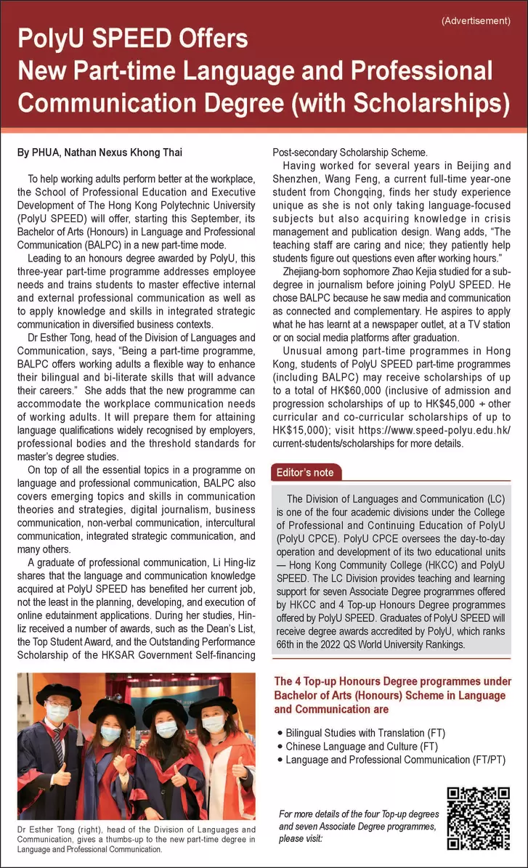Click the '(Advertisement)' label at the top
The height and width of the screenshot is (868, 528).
coord(476,20)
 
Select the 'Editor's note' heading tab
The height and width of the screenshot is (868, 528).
coord(305,473)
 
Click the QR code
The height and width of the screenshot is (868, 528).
coord(477,818)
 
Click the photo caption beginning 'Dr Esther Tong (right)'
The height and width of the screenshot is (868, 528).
coord(137,835)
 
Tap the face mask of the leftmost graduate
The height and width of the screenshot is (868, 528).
coord(58,715)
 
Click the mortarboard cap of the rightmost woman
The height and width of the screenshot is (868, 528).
coord(212,704)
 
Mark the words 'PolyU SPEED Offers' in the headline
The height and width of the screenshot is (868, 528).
coord(133,38)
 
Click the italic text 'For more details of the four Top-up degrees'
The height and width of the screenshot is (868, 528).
coord(357,814)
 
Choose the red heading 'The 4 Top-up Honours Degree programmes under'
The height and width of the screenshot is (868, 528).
coord(392,682)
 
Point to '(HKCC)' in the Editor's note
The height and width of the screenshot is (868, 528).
coord(437,566)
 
